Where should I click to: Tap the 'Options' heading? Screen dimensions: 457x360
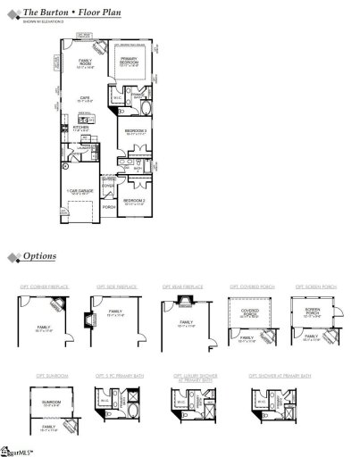40,256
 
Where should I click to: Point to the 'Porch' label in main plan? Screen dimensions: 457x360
109,206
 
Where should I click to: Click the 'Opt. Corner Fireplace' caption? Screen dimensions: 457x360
40,287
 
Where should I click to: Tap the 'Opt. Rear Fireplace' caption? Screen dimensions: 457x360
182,287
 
